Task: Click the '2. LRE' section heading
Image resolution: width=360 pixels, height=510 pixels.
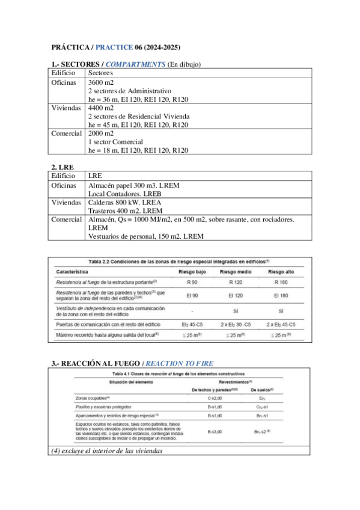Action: (x=61, y=167)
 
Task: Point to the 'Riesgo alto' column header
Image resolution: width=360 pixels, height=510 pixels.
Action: (x=281, y=272)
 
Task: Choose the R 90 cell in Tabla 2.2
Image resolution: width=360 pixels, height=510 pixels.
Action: (x=193, y=282)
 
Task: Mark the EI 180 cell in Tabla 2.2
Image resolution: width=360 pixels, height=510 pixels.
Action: (x=281, y=295)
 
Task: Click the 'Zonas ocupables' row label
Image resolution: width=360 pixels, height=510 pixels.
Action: (x=94, y=398)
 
